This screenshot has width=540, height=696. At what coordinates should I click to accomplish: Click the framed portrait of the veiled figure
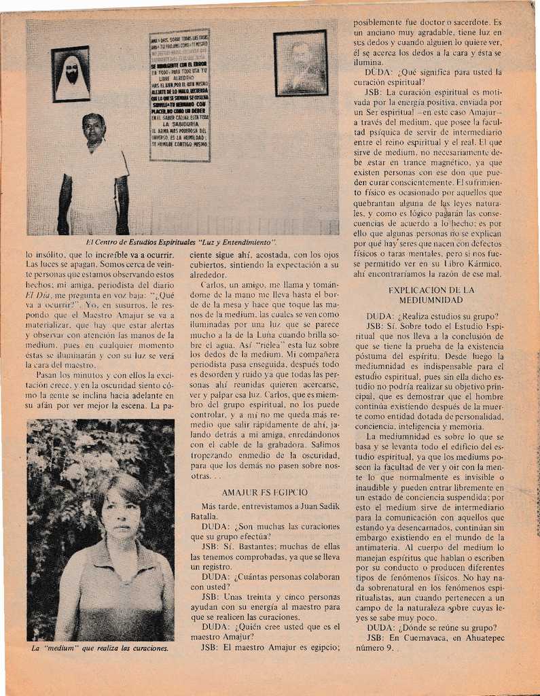tap(71, 74)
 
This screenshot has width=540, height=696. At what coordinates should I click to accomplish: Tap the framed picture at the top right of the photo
tap(300, 63)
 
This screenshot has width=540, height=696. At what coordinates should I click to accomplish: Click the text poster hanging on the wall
tap(179, 95)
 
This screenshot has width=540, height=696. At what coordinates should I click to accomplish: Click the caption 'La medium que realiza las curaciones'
tap(100, 648)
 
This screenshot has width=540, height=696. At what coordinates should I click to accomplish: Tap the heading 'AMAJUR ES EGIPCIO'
tap(265, 492)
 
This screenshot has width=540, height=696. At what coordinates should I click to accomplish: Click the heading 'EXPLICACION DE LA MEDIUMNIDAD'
tap(431, 294)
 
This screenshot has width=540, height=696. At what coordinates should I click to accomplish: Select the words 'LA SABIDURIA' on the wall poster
tap(179, 124)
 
